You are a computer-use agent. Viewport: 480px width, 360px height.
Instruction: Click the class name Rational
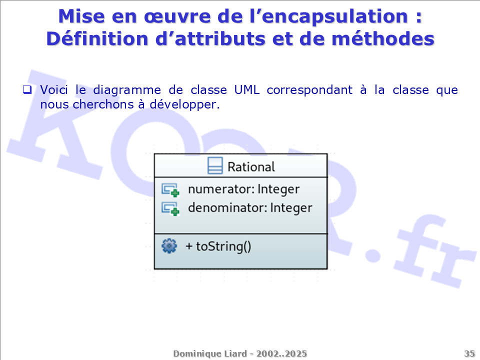[251, 167]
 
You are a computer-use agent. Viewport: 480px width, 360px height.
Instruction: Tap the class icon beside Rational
[215, 165]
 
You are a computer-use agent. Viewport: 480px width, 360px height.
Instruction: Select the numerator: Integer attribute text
[243, 189]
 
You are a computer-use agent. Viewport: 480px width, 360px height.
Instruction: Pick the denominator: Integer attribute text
[250, 208]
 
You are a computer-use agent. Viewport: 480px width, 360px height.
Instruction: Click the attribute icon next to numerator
[170, 190]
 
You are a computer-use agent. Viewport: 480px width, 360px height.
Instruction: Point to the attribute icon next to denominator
[170, 209]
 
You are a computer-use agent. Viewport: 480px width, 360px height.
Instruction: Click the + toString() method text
[218, 246]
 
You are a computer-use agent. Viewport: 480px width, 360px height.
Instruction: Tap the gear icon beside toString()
[169, 246]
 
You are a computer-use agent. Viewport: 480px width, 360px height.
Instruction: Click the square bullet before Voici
[27, 89]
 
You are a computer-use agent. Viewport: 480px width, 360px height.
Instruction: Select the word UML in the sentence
[246, 89]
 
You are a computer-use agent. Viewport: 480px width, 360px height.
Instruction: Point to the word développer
[184, 105]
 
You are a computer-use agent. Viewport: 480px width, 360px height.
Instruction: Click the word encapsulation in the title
[335, 17]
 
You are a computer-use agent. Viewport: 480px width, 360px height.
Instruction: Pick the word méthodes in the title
[383, 39]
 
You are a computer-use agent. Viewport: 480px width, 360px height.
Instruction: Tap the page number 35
[469, 354]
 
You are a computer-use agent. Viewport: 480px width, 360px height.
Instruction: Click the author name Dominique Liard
[210, 354]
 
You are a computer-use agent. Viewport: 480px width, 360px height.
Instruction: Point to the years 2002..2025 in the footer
[281, 354]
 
